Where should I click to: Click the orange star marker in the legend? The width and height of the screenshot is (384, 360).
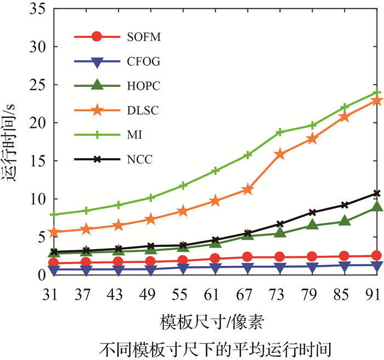[97, 111]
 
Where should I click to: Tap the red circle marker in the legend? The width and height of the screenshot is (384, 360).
[97, 37]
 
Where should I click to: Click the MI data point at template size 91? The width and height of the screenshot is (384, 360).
[376, 93]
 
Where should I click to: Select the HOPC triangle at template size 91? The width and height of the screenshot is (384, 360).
[376, 206]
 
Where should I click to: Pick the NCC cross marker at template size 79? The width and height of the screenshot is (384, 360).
[312, 212]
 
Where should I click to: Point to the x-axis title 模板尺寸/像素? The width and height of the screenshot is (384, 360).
[215, 322]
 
